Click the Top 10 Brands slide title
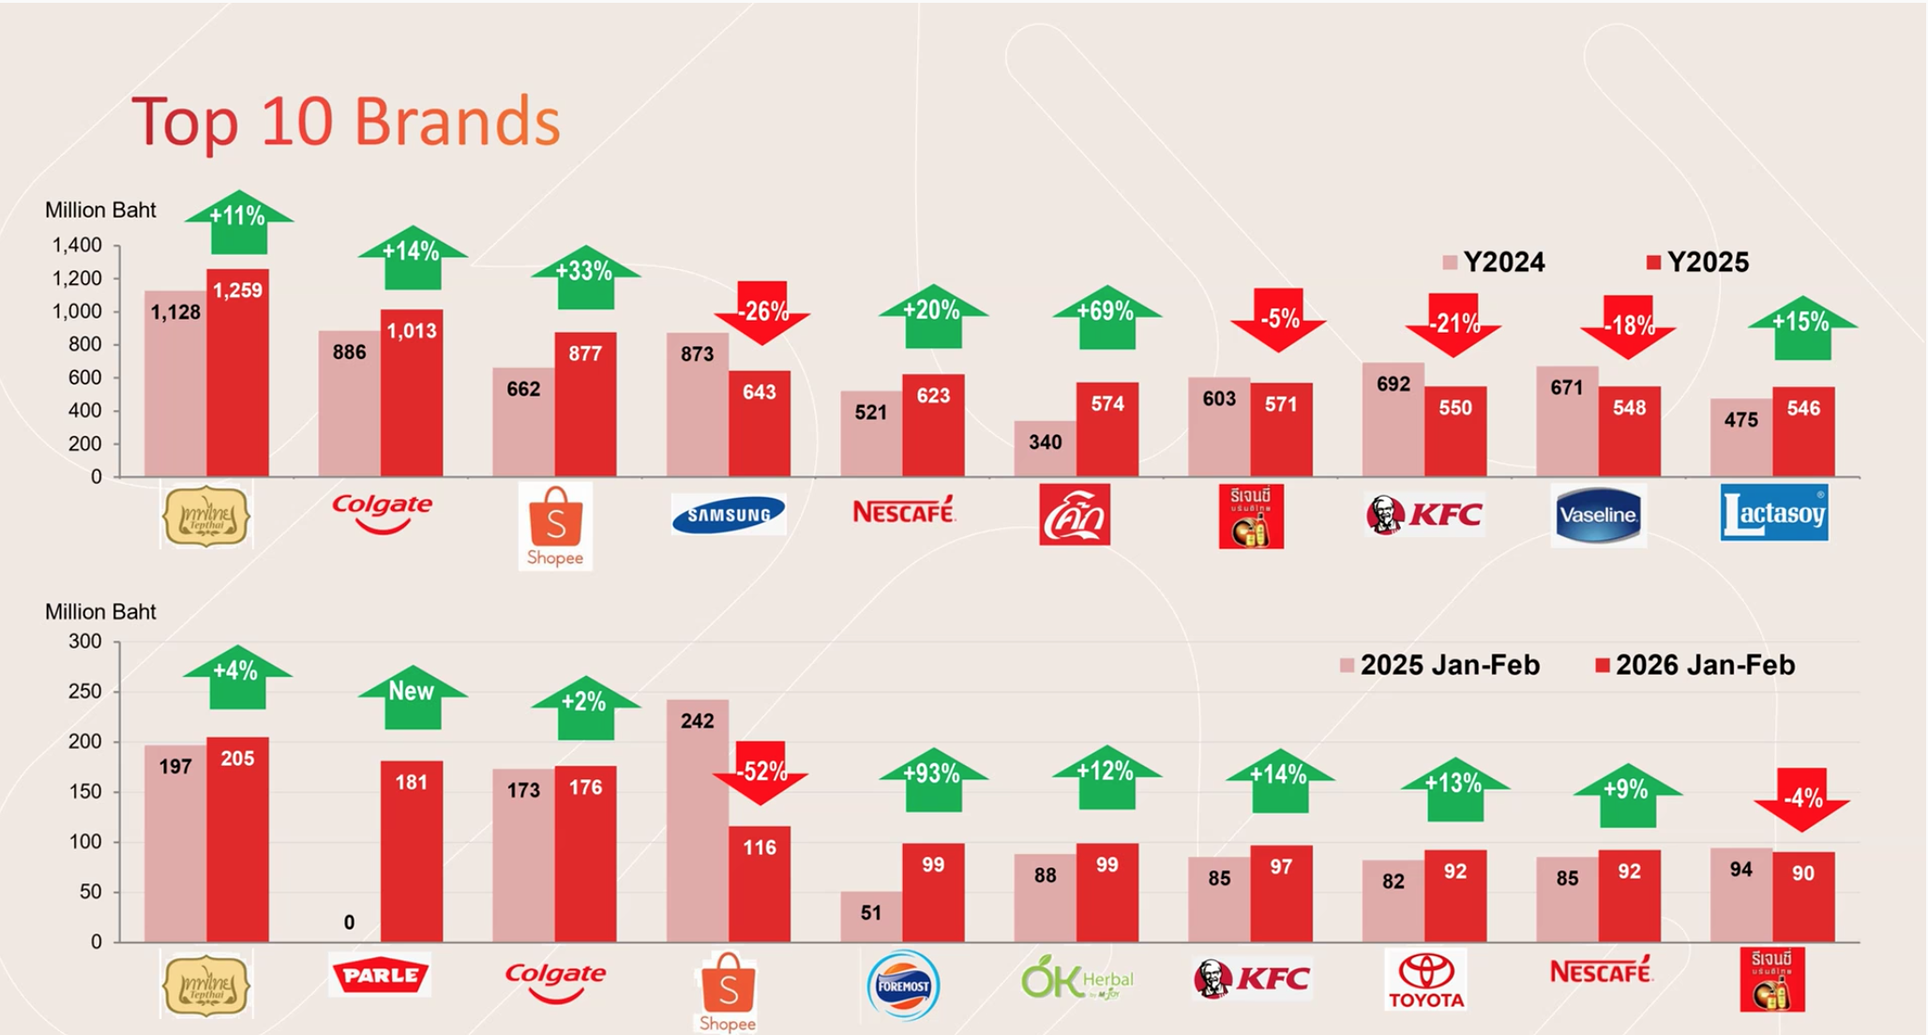[x=346, y=122]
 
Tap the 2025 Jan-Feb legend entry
[x=1440, y=666]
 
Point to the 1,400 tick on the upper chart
[x=77, y=246]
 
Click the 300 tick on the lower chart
[x=85, y=642]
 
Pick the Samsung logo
[x=729, y=515]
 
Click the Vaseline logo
[x=1598, y=515]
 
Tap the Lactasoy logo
[x=1774, y=513]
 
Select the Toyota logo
[x=1426, y=980]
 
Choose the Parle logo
[x=381, y=975]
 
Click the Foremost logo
[x=903, y=985]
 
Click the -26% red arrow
[x=761, y=312]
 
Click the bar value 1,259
[x=237, y=291]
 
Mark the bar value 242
[x=697, y=721]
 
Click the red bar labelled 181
[x=412, y=853]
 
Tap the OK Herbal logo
[x=1077, y=980]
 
